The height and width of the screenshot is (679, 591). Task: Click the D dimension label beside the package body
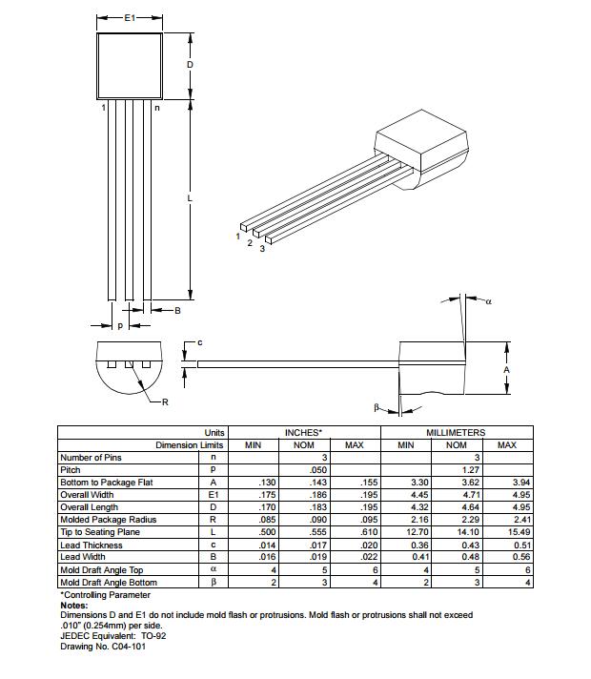tap(190, 65)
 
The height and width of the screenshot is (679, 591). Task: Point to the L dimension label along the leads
tap(190, 198)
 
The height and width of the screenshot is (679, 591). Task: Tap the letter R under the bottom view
tap(164, 401)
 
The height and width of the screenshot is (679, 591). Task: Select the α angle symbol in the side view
tap(489, 301)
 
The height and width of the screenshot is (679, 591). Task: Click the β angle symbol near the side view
tap(377, 407)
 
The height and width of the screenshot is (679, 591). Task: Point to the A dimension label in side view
tap(506, 369)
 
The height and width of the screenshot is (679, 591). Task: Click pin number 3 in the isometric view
tap(262, 248)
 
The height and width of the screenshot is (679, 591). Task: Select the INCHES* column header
tap(303, 433)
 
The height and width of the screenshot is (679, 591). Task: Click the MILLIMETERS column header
tap(456, 433)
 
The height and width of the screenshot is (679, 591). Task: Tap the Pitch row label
tap(71, 470)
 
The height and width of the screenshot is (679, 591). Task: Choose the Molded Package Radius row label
tap(108, 520)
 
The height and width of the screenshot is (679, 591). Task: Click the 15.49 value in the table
tap(506, 532)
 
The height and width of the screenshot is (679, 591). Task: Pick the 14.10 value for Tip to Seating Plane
tap(457, 532)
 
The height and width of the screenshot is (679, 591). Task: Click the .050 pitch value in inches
tap(303, 470)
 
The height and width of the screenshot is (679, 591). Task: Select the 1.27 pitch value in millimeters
tap(457, 470)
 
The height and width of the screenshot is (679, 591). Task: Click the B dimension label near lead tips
tap(177, 311)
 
